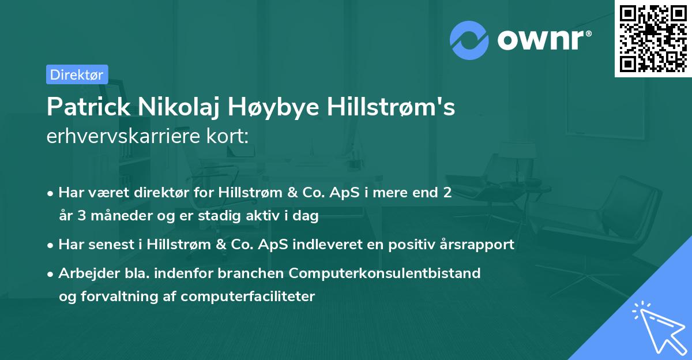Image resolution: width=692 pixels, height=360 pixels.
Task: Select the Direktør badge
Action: tap(77, 74)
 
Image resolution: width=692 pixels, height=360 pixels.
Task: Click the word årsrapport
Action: tap(476, 244)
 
